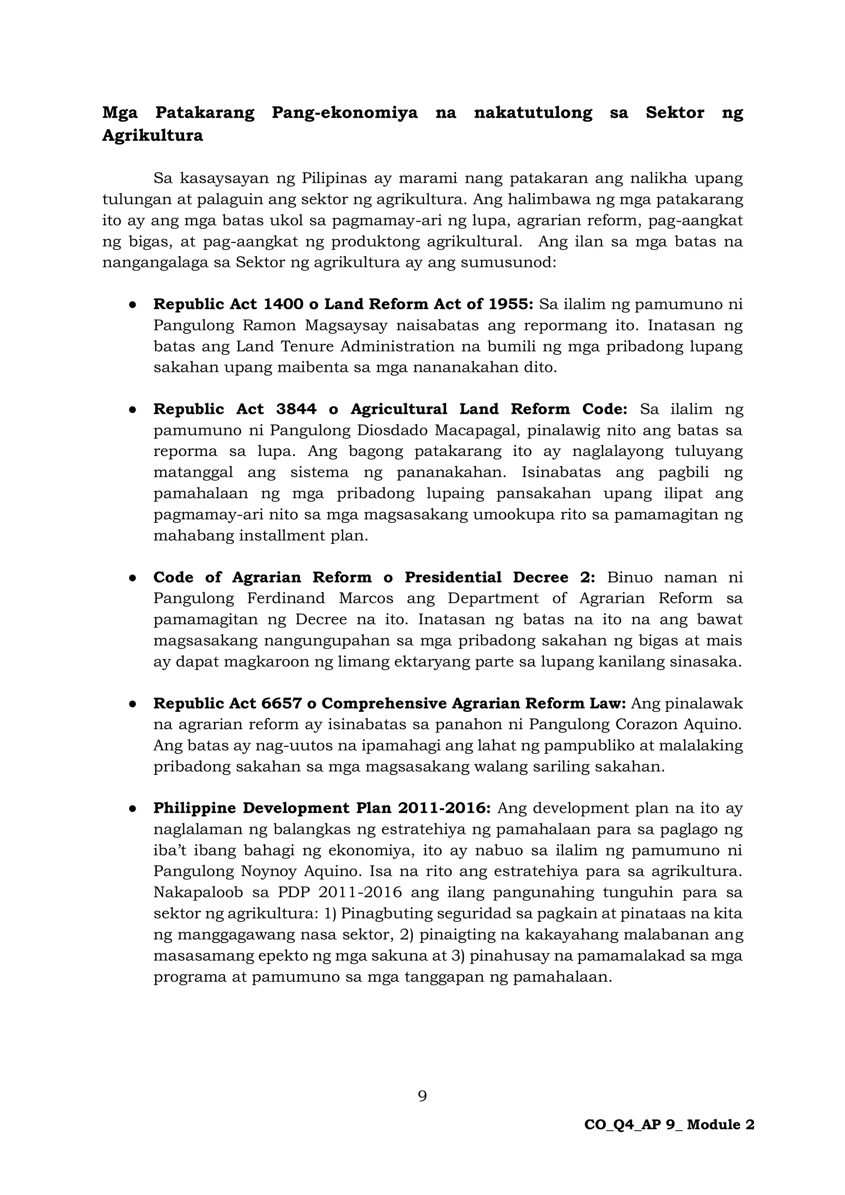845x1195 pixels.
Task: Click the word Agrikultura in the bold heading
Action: tap(152, 135)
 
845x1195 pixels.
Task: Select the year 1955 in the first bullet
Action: tap(507, 304)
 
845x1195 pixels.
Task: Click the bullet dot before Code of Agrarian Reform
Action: tap(133, 578)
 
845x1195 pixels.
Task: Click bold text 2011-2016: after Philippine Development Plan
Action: tap(444, 808)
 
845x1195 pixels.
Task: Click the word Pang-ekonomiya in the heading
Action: tap(345, 112)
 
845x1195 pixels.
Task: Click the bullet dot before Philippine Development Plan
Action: tap(133, 809)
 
